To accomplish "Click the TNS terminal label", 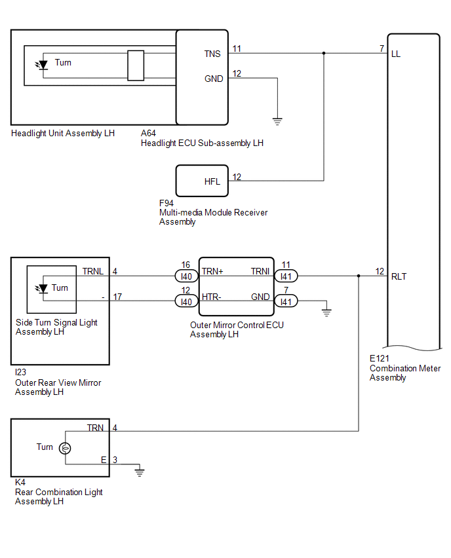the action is coord(212,54).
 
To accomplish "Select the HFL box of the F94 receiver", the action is coord(202,181).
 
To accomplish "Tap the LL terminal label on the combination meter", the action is coord(396,54).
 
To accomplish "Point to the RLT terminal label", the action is coord(399,276).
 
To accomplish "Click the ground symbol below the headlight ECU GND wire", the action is coord(277,121).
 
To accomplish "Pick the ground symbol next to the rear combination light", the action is coord(139,473).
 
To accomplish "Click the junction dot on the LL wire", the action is coord(324,54).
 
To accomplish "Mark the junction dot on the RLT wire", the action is coord(359,276).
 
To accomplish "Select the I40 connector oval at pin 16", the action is coord(186,276).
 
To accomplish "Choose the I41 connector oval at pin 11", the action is coord(286,276).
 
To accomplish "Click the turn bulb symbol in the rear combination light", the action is coord(65,448).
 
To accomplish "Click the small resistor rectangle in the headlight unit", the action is coord(136,65).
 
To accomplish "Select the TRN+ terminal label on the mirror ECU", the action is coord(212,271).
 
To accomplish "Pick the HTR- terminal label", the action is coord(212,297).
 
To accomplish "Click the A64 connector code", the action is coord(148,133).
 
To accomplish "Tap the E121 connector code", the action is coord(380,358).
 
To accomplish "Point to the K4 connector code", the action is coord(20,482).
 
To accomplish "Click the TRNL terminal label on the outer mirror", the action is coord(93,271).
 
